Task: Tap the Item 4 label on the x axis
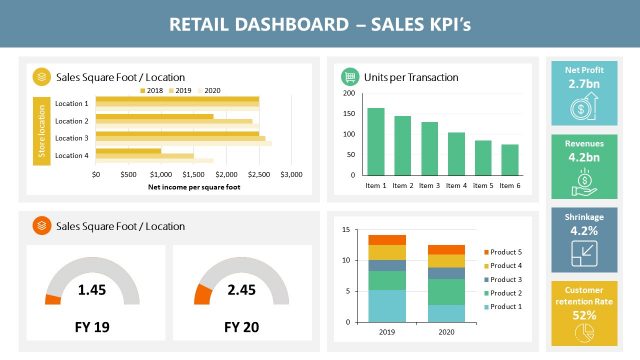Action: [456, 185]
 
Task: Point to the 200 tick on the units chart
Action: [347, 93]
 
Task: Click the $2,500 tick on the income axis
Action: [258, 173]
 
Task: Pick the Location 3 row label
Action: [71, 137]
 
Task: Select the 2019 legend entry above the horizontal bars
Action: [180, 90]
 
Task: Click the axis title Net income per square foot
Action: [194, 186]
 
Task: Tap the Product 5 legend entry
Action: [506, 251]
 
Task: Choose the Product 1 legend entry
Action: [506, 306]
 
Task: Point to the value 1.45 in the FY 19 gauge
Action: [92, 290]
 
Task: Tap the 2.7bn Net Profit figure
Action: [584, 84]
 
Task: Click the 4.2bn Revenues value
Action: [584, 157]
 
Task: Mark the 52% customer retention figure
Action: [584, 315]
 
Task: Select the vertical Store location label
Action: [43, 130]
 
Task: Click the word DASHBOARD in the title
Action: [287, 24]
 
